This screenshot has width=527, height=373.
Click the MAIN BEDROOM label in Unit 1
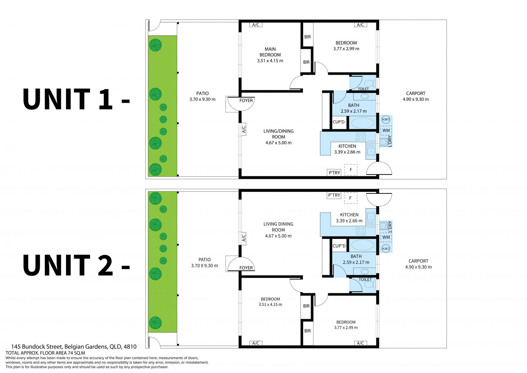pyautogui.click(x=270, y=52)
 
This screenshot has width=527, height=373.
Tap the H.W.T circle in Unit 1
pyautogui.click(x=386, y=120)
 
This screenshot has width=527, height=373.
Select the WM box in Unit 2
pyautogui.click(x=386, y=237)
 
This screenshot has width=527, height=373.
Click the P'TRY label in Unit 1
pyautogui.click(x=334, y=173)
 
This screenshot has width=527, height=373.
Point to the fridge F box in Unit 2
pyautogui.click(x=351, y=198)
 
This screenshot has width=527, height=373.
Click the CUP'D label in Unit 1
pyautogui.click(x=338, y=122)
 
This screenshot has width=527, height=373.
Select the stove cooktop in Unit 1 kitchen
pyautogui.click(x=361, y=137)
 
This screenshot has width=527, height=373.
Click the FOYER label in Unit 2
pyautogui.click(x=246, y=268)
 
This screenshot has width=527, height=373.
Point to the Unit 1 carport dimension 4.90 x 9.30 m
pyautogui.click(x=416, y=99)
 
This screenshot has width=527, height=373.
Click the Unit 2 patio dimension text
pyautogui.click(x=204, y=266)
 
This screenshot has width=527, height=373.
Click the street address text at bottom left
pyautogui.click(x=74, y=347)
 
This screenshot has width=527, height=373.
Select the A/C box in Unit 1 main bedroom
pyautogui.click(x=256, y=25)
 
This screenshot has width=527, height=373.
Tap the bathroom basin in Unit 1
pyautogui.click(x=365, y=96)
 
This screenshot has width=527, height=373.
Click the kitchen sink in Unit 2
pyautogui.click(x=371, y=220)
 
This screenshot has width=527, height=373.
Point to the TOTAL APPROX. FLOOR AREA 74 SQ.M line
pyautogui.click(x=45, y=353)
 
